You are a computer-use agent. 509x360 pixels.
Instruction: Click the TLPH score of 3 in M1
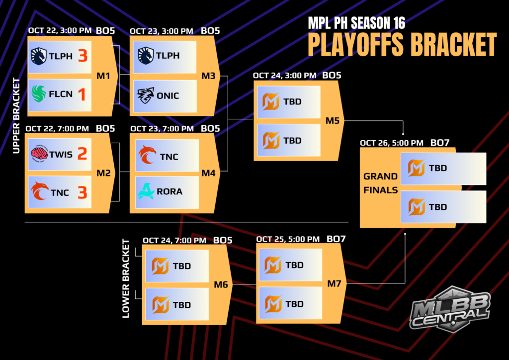(x=82, y=56)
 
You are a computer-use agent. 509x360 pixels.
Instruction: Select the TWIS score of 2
(x=82, y=154)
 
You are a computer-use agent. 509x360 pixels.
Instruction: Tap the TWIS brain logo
(x=39, y=154)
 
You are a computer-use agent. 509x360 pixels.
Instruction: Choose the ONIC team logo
(x=146, y=94)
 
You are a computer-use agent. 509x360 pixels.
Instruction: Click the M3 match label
(x=208, y=76)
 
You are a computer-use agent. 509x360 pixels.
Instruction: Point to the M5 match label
(x=333, y=121)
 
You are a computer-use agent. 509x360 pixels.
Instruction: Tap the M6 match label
(x=221, y=285)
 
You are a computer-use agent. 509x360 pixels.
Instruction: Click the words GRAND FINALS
(x=380, y=183)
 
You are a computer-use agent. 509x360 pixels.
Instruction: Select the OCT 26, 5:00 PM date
(x=392, y=143)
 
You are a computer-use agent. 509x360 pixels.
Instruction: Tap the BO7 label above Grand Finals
(x=440, y=143)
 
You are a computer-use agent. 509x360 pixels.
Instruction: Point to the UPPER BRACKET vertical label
(x=16, y=115)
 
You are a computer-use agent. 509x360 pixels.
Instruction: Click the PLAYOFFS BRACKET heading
(x=402, y=45)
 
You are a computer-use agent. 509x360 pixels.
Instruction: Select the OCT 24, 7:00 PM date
(x=174, y=240)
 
